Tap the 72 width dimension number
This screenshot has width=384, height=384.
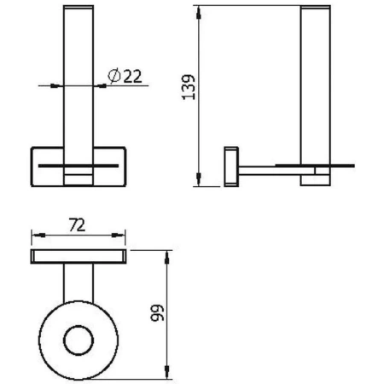pos(78,224)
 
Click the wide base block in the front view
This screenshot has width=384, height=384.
pos(79,167)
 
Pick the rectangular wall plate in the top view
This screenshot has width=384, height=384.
pos(79,258)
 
